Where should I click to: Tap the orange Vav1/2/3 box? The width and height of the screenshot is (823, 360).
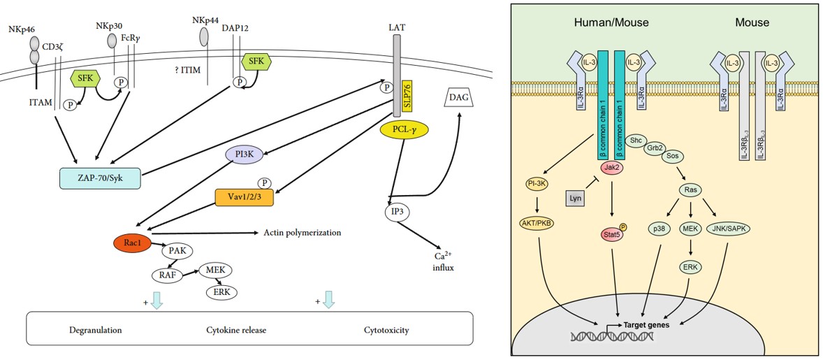(x=244, y=198)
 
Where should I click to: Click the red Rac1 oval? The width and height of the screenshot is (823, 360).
(x=132, y=242)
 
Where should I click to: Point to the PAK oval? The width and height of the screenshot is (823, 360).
(x=177, y=251)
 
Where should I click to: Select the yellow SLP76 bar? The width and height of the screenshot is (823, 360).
(x=407, y=97)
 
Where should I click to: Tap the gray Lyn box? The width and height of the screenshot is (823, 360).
(x=576, y=199)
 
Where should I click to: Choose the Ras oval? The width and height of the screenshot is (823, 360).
(x=691, y=189)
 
